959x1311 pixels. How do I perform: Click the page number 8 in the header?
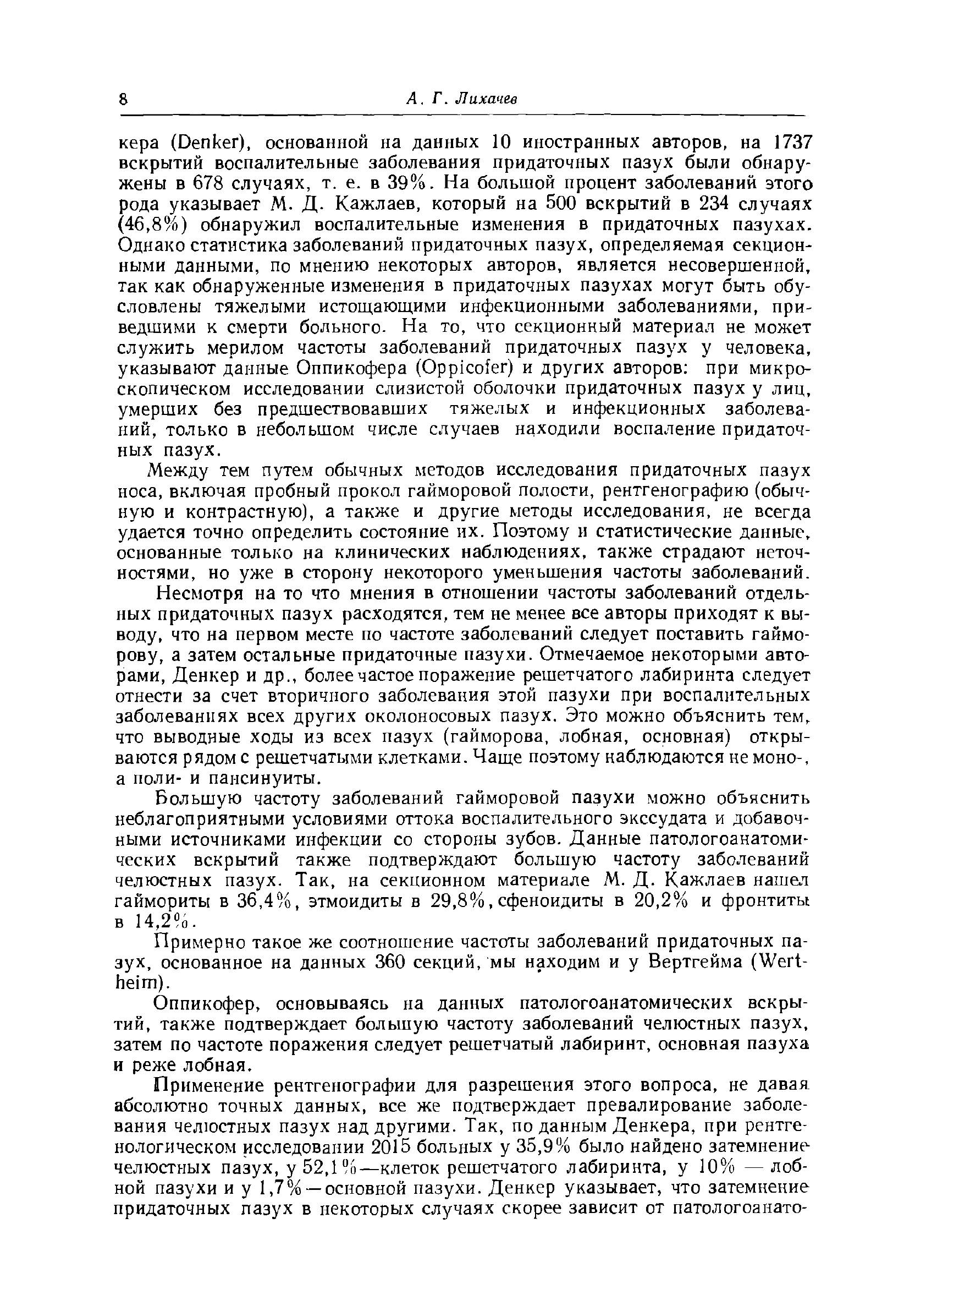pyautogui.click(x=123, y=99)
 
